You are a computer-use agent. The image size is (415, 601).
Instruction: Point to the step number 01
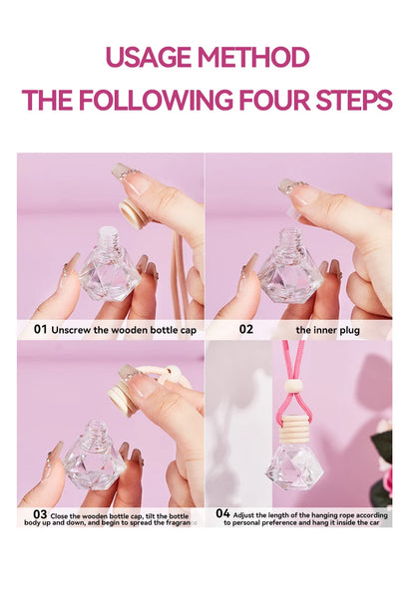click(x=41, y=328)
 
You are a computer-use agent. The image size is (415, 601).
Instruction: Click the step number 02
click(x=245, y=328)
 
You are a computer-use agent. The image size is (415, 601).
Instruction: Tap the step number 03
click(x=41, y=514)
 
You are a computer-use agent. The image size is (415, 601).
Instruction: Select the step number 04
click(x=222, y=514)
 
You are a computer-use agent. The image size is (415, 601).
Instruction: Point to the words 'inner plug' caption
click(x=328, y=328)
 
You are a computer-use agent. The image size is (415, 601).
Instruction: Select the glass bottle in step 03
click(x=95, y=460)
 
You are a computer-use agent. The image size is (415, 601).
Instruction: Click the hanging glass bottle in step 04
click(x=296, y=464)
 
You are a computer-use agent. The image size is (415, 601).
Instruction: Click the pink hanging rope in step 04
click(x=295, y=359)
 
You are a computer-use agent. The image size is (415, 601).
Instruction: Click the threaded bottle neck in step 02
click(x=289, y=241)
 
